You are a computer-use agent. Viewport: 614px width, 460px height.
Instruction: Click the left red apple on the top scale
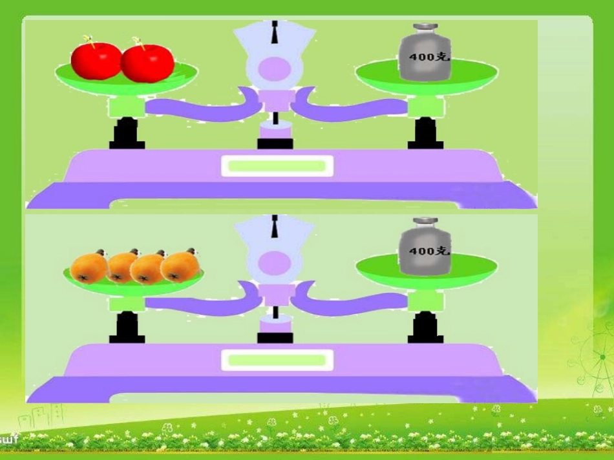(x=96, y=59)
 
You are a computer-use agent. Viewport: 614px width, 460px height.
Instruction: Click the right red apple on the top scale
(x=148, y=63)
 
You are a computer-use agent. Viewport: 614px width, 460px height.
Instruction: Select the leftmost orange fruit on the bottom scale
(x=89, y=267)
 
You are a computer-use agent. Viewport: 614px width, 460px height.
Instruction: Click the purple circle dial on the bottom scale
(x=275, y=262)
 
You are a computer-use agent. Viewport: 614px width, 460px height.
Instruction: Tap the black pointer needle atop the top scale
(x=275, y=32)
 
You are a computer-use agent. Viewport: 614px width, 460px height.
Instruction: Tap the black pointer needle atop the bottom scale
(x=275, y=225)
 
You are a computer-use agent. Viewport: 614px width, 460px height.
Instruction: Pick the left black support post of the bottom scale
(x=127, y=328)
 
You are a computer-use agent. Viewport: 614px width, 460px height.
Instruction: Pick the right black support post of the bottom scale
(x=425, y=328)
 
